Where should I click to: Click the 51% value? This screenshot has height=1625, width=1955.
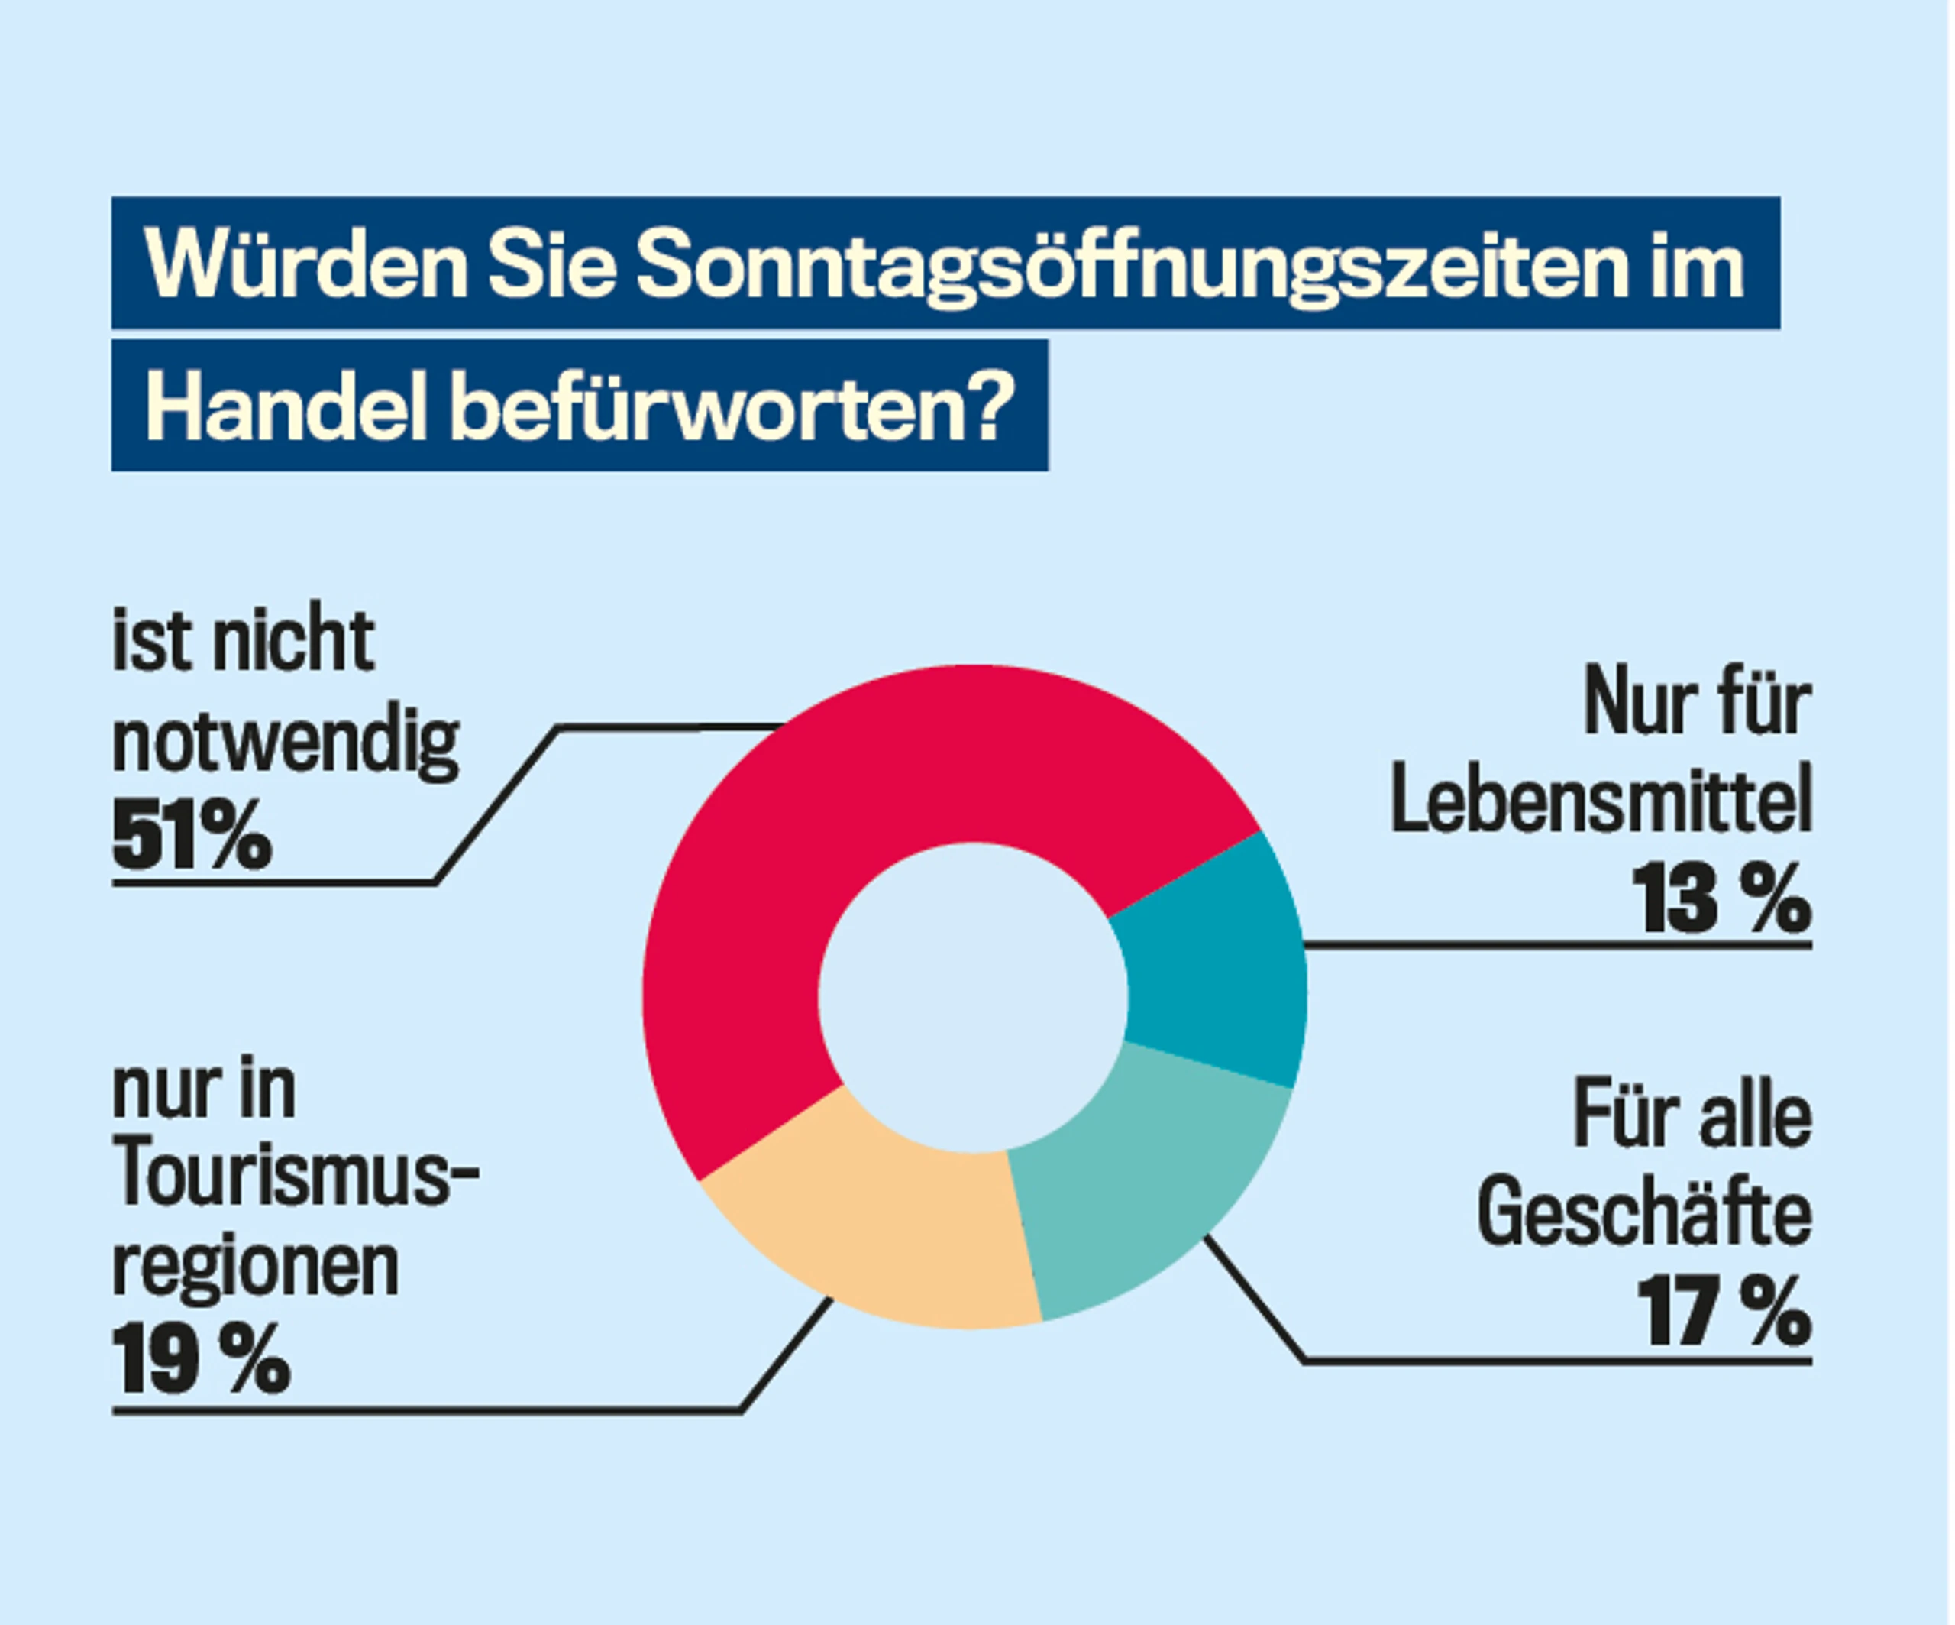(192, 837)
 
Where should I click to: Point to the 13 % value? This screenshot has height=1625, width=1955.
(1722, 898)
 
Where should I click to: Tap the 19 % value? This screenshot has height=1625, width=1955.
(201, 1360)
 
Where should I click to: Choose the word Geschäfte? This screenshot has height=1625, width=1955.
(1644, 1212)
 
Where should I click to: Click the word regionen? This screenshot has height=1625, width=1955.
(255, 1268)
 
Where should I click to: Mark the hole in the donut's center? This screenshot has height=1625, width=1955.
(973, 996)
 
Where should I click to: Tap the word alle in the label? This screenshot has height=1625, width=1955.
(1755, 1116)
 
